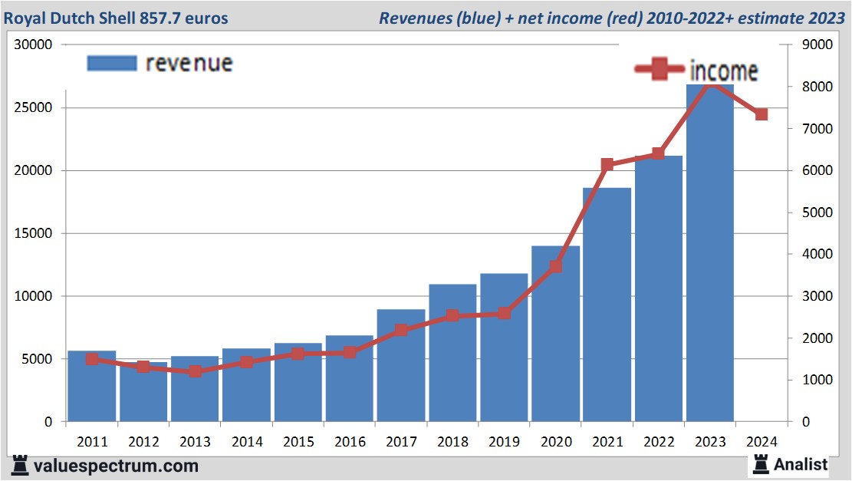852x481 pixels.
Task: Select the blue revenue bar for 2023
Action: coord(709,253)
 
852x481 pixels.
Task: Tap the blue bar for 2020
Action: coord(555,334)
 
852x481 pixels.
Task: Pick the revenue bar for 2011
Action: coord(92,386)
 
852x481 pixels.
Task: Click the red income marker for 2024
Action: coord(761,114)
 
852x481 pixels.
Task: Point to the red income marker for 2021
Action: coord(607,165)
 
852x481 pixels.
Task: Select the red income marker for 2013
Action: coord(195,371)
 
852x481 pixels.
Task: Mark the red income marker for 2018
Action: coord(452,315)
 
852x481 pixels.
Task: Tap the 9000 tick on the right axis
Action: coord(814,44)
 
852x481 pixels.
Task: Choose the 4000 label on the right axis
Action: coord(814,255)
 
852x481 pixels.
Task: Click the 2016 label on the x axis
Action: coord(349,442)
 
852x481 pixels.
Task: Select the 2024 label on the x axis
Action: coord(761,442)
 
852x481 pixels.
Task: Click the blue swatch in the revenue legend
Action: coord(112,63)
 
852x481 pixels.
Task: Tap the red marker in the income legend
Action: coord(659,70)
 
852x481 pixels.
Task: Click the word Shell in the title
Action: coord(130,18)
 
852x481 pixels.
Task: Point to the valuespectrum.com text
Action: coord(116,466)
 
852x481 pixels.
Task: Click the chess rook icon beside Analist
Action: coord(762,463)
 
